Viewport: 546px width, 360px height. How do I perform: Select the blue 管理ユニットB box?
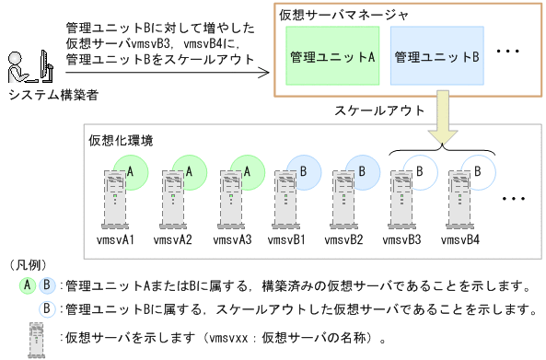click(x=436, y=56)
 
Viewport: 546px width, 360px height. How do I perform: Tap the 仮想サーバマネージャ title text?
click(x=331, y=15)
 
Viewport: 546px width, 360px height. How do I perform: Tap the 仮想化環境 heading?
click(x=121, y=141)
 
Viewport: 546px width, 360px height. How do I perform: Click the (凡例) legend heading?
click(x=27, y=264)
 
